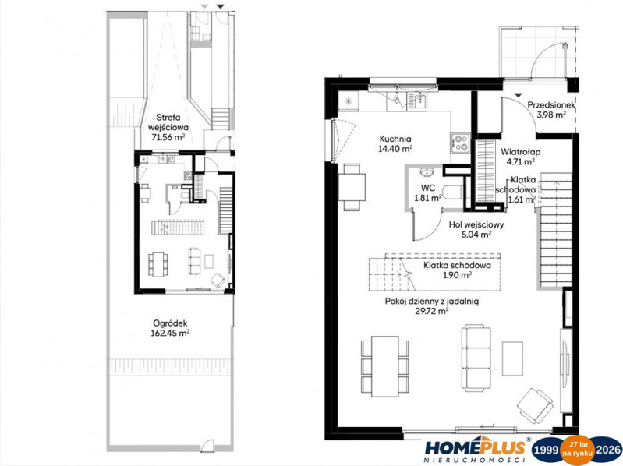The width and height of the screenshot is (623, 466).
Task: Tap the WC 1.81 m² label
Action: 427,193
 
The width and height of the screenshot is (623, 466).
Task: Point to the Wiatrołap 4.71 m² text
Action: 521,157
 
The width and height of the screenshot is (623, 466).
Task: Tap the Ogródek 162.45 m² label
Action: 170,328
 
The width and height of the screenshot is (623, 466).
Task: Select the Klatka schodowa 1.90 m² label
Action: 457,270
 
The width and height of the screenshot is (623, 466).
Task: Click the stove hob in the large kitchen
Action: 460,143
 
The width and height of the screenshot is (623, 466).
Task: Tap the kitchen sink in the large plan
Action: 416,101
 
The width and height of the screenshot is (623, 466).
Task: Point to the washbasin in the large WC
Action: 427,172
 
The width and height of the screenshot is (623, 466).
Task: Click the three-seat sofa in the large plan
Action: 476,357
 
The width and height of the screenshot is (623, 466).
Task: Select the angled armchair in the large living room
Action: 536,406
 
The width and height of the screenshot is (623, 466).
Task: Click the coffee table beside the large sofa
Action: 512,358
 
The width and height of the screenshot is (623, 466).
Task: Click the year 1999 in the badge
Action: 546,450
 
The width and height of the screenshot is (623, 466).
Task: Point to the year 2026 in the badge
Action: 608,450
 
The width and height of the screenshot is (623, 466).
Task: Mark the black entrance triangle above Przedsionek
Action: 518,95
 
